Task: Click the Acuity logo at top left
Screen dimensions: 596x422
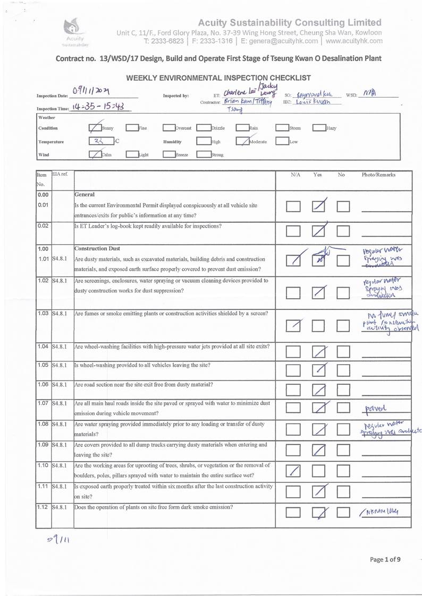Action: coord(74,33)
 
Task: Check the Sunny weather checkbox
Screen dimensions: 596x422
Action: coord(95,127)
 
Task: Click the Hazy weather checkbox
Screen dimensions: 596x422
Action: coord(319,127)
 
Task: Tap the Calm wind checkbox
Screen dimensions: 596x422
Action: coord(95,154)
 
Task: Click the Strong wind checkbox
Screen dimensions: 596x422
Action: coord(203,154)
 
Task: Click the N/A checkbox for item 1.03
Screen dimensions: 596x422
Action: coord(294,323)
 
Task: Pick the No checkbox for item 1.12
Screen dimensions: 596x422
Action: coord(344,513)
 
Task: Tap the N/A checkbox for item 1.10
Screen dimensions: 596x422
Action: coord(294,470)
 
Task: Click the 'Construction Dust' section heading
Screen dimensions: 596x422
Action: coord(98,248)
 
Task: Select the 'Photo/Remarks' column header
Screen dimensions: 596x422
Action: coord(378,174)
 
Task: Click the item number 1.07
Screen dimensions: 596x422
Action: coord(43,403)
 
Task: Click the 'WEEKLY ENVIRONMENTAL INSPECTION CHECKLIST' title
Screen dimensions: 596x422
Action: coord(218,78)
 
